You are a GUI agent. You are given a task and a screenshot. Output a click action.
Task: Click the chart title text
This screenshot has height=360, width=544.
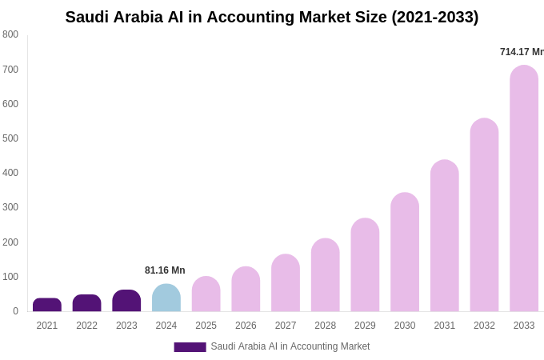tap(271, 17)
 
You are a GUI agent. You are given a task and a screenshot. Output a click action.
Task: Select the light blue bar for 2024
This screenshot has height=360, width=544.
tap(166, 298)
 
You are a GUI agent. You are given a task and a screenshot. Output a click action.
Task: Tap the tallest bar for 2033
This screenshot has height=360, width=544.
tap(524, 189)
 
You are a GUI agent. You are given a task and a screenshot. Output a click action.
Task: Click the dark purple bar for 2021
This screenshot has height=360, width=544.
tap(47, 305)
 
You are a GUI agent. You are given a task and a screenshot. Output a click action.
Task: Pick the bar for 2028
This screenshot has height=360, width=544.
tap(326, 275)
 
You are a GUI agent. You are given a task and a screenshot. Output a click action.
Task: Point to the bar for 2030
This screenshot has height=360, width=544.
tap(405, 252)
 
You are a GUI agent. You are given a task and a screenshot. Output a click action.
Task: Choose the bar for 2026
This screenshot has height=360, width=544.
tap(246, 290)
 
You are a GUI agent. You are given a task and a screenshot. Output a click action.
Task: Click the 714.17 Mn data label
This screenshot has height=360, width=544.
tap(522, 52)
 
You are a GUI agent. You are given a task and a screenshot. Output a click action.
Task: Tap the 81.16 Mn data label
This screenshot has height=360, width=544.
tap(165, 270)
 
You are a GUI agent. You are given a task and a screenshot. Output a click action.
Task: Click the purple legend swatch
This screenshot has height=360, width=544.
tap(190, 347)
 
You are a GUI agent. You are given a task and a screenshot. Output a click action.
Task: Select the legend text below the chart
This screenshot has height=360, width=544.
tap(290, 346)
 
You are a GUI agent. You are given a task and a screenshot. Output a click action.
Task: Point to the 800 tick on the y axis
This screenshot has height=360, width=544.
tap(10, 34)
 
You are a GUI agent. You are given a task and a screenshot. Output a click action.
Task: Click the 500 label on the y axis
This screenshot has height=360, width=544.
tap(10, 138)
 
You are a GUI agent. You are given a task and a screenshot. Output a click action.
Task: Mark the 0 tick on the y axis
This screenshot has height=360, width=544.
tap(15, 311)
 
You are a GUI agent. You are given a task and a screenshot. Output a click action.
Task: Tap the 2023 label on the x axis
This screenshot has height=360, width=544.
tap(126, 326)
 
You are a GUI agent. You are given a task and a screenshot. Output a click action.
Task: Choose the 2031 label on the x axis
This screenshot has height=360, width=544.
tap(444, 326)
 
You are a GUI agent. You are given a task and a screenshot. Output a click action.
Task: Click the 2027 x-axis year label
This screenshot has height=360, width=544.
tap(286, 326)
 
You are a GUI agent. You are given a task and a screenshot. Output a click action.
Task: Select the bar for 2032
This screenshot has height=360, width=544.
tap(484, 215)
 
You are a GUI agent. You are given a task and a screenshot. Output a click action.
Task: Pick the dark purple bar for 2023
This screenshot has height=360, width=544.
tap(126, 301)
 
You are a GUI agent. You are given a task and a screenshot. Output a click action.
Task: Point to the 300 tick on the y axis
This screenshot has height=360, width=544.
tap(10, 207)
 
